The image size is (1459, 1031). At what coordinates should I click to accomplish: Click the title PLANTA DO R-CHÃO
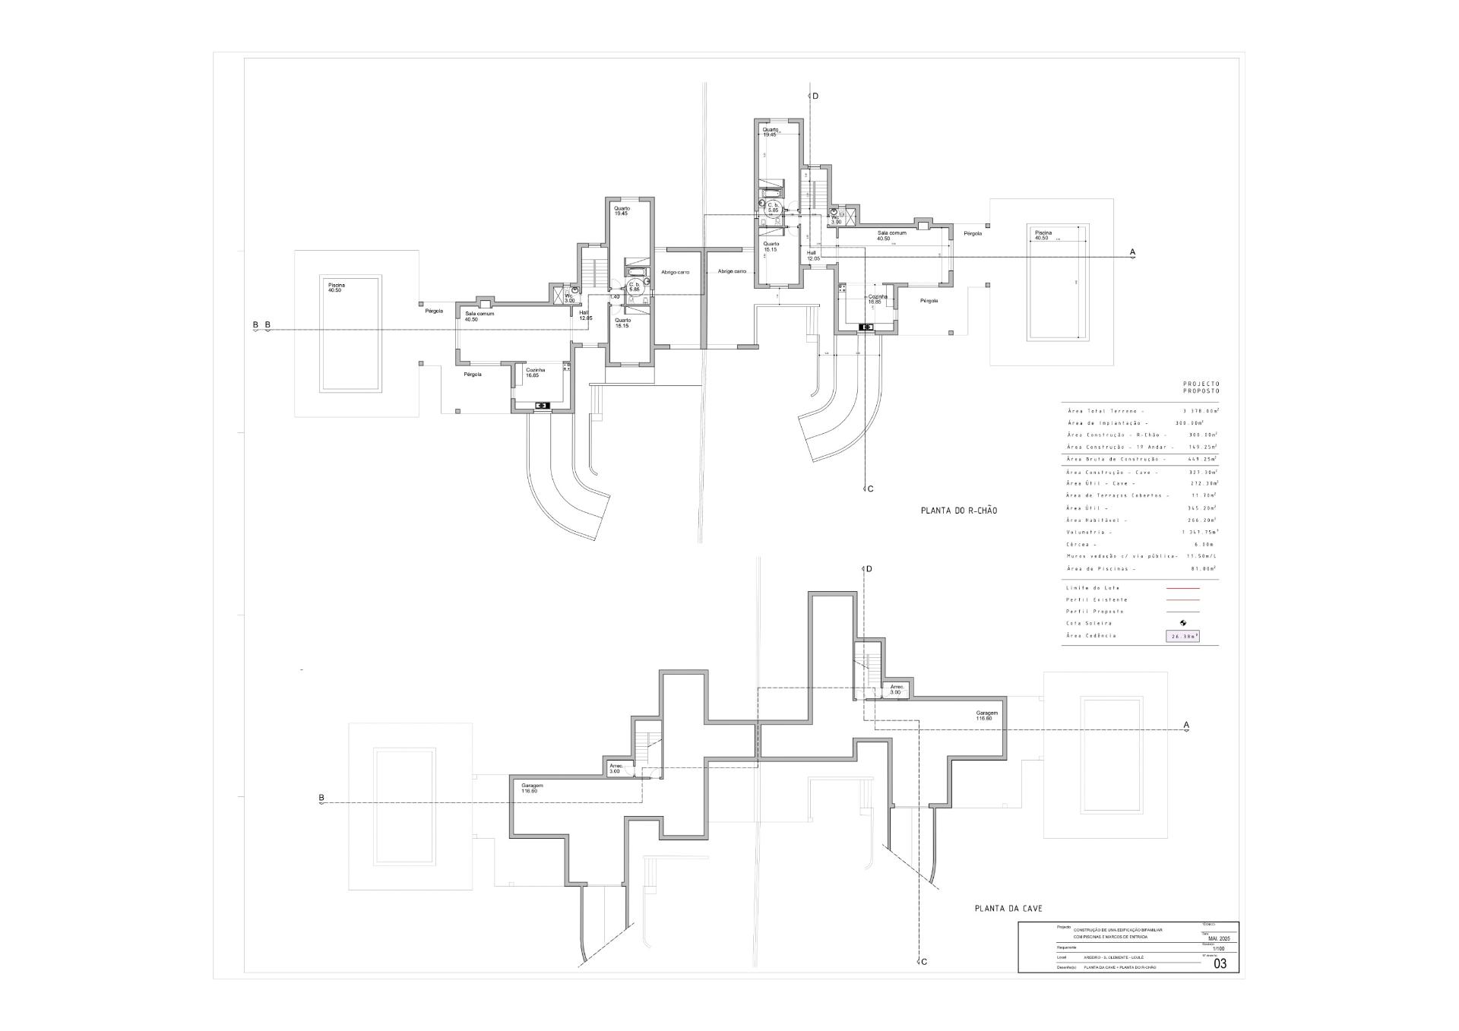959,511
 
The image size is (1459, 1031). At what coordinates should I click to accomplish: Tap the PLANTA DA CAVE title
1008,908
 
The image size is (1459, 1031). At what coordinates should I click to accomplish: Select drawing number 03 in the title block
1220,964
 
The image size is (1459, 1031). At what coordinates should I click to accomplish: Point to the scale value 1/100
1219,949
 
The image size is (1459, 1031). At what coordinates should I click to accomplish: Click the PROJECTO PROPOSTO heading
1201,387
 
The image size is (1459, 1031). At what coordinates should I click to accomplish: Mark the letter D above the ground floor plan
815,96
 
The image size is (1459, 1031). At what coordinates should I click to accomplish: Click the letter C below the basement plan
924,962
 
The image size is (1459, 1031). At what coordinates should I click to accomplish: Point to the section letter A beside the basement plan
1186,725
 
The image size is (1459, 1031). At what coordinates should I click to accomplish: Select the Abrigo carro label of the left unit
675,272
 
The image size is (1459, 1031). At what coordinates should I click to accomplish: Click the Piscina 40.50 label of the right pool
1043,235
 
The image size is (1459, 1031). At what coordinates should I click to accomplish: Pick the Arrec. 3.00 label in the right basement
896,689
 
